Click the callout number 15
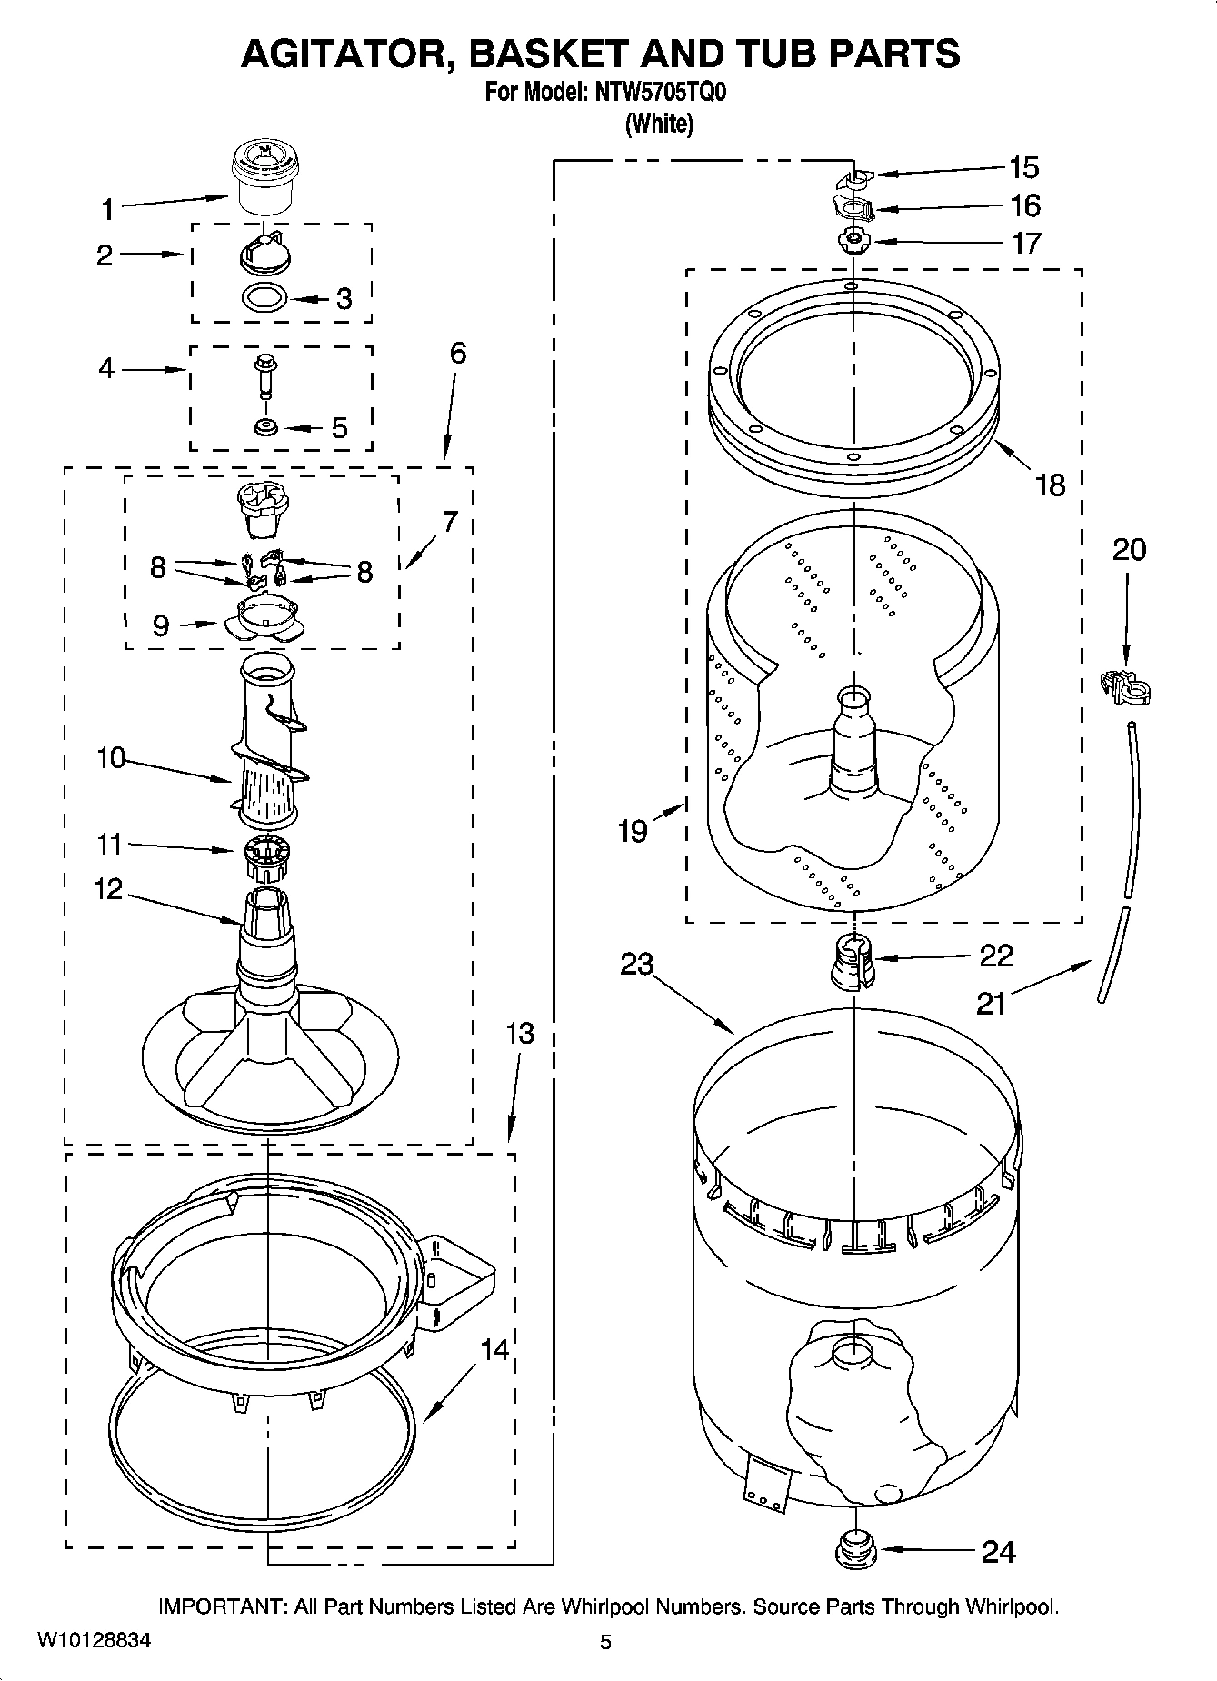pos(1024,167)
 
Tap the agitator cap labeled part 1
pos(260,181)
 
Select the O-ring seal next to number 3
pos(266,297)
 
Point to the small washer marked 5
pos(265,426)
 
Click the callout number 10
pos(111,757)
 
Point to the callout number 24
pos(998,1552)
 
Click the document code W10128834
pos(94,1641)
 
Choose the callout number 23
pos(637,963)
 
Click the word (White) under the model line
pos(659,124)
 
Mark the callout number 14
pos(494,1350)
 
